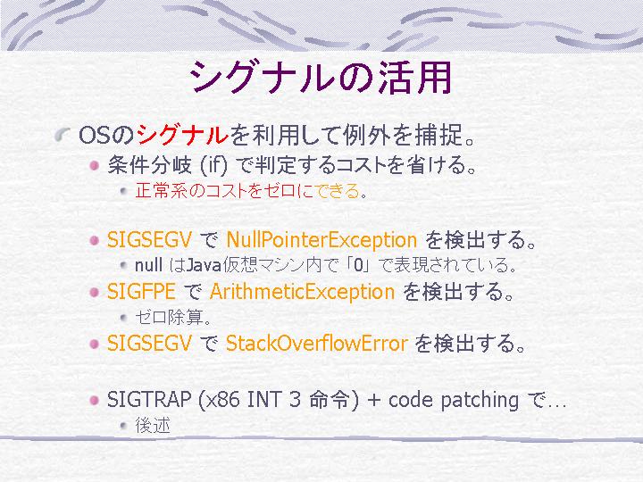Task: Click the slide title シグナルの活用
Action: (321, 78)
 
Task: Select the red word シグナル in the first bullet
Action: (182, 135)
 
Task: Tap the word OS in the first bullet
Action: (95, 135)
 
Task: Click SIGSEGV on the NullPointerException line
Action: (149, 239)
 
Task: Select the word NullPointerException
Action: (321, 240)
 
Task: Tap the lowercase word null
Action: (149, 265)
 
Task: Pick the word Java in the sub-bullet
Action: (204, 266)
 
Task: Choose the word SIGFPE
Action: (141, 291)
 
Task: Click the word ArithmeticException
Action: (302, 292)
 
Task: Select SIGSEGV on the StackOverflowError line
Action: (149, 343)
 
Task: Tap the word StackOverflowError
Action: (316, 343)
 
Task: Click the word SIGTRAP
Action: (149, 399)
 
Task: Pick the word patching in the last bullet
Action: (480, 401)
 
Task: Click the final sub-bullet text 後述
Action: (153, 426)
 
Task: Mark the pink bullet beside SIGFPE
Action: (95, 292)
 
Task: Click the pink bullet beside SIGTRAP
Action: (95, 400)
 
